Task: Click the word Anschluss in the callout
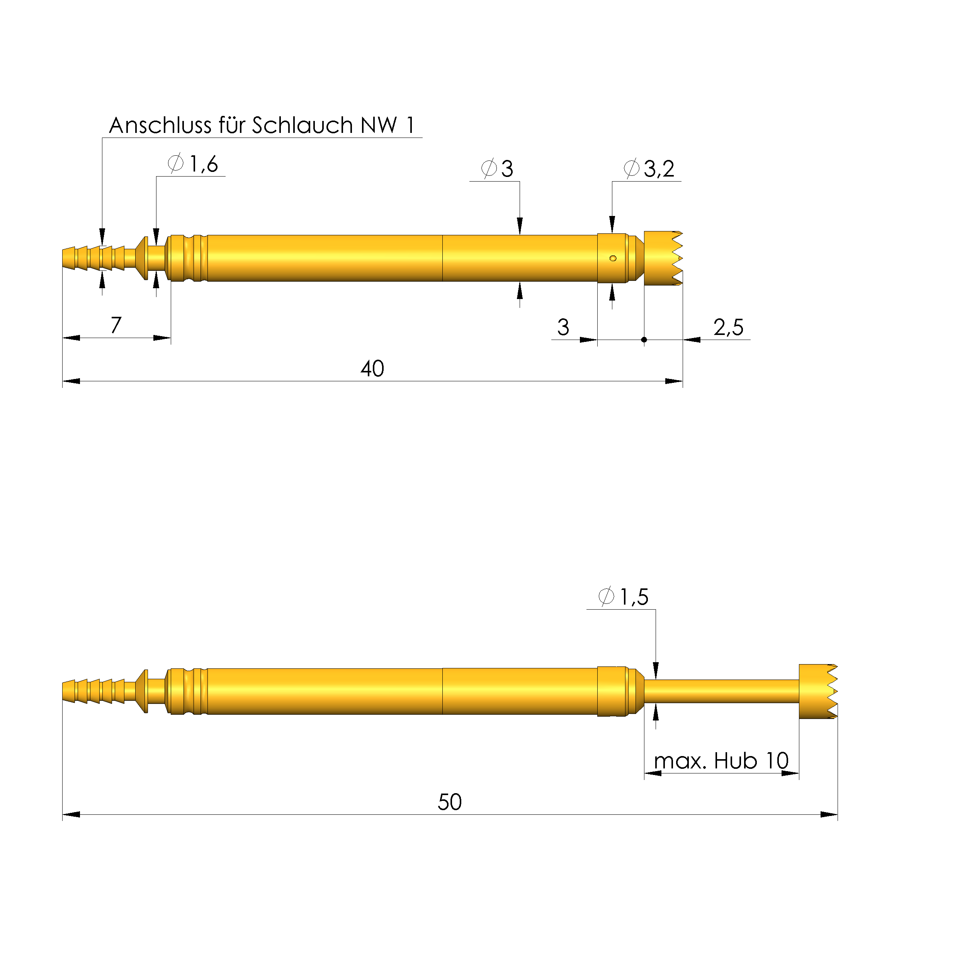click(160, 125)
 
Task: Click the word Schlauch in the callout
click(303, 125)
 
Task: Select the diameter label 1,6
click(203, 164)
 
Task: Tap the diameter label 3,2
click(659, 169)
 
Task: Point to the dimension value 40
click(372, 369)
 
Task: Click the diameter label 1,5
click(634, 597)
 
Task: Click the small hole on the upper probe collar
click(613, 258)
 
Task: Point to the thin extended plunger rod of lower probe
click(721, 691)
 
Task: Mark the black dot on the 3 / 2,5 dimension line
click(644, 340)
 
